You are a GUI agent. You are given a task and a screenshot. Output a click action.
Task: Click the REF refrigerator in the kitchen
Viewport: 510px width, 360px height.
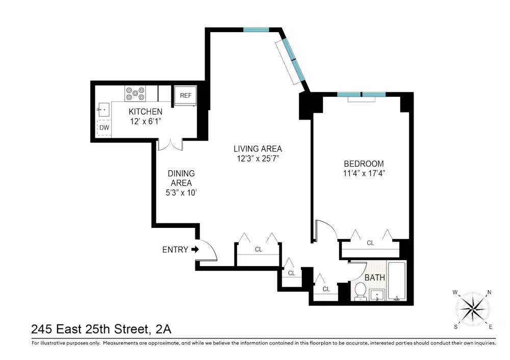pyautogui.click(x=186, y=96)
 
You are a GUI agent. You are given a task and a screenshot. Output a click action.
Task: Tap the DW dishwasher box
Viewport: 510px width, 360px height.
pyautogui.click(x=104, y=127)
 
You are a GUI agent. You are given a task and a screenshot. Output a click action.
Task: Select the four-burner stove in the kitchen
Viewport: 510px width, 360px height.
pyautogui.click(x=135, y=93)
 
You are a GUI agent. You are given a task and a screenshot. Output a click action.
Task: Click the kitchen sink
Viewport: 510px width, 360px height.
pyautogui.click(x=103, y=110)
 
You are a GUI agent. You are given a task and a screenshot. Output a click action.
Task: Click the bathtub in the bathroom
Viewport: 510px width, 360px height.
pyautogui.click(x=397, y=281)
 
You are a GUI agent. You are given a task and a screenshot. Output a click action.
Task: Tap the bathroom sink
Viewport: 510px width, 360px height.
pyautogui.click(x=377, y=295)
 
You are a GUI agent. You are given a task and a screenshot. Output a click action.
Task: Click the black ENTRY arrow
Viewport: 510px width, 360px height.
pyautogui.click(x=195, y=249)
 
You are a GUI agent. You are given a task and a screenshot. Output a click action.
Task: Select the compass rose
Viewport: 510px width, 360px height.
pyautogui.click(x=473, y=309)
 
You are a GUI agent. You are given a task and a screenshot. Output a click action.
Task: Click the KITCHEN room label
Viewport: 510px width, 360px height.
pyautogui.click(x=145, y=112)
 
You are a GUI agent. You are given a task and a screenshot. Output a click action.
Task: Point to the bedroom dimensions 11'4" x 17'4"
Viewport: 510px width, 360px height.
pyautogui.click(x=364, y=173)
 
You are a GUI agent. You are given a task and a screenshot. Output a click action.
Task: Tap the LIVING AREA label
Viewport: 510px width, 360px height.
pyautogui.click(x=258, y=148)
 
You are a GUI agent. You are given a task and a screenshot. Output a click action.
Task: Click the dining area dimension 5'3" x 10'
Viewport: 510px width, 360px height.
pyautogui.click(x=181, y=193)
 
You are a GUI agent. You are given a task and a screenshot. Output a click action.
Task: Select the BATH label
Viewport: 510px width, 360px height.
pyautogui.click(x=375, y=277)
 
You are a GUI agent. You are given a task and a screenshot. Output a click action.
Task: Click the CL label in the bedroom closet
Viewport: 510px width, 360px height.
pyautogui.click(x=370, y=243)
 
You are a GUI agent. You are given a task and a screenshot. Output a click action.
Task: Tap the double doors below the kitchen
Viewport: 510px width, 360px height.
pyautogui.click(x=170, y=145)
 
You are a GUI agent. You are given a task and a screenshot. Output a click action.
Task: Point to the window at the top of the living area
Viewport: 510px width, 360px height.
pyautogui.click(x=257, y=30)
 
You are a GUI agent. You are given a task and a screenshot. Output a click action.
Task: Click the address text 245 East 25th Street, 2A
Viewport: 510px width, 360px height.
pyautogui.click(x=101, y=329)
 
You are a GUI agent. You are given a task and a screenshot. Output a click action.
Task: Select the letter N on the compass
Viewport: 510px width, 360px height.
pyautogui.click(x=489, y=292)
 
